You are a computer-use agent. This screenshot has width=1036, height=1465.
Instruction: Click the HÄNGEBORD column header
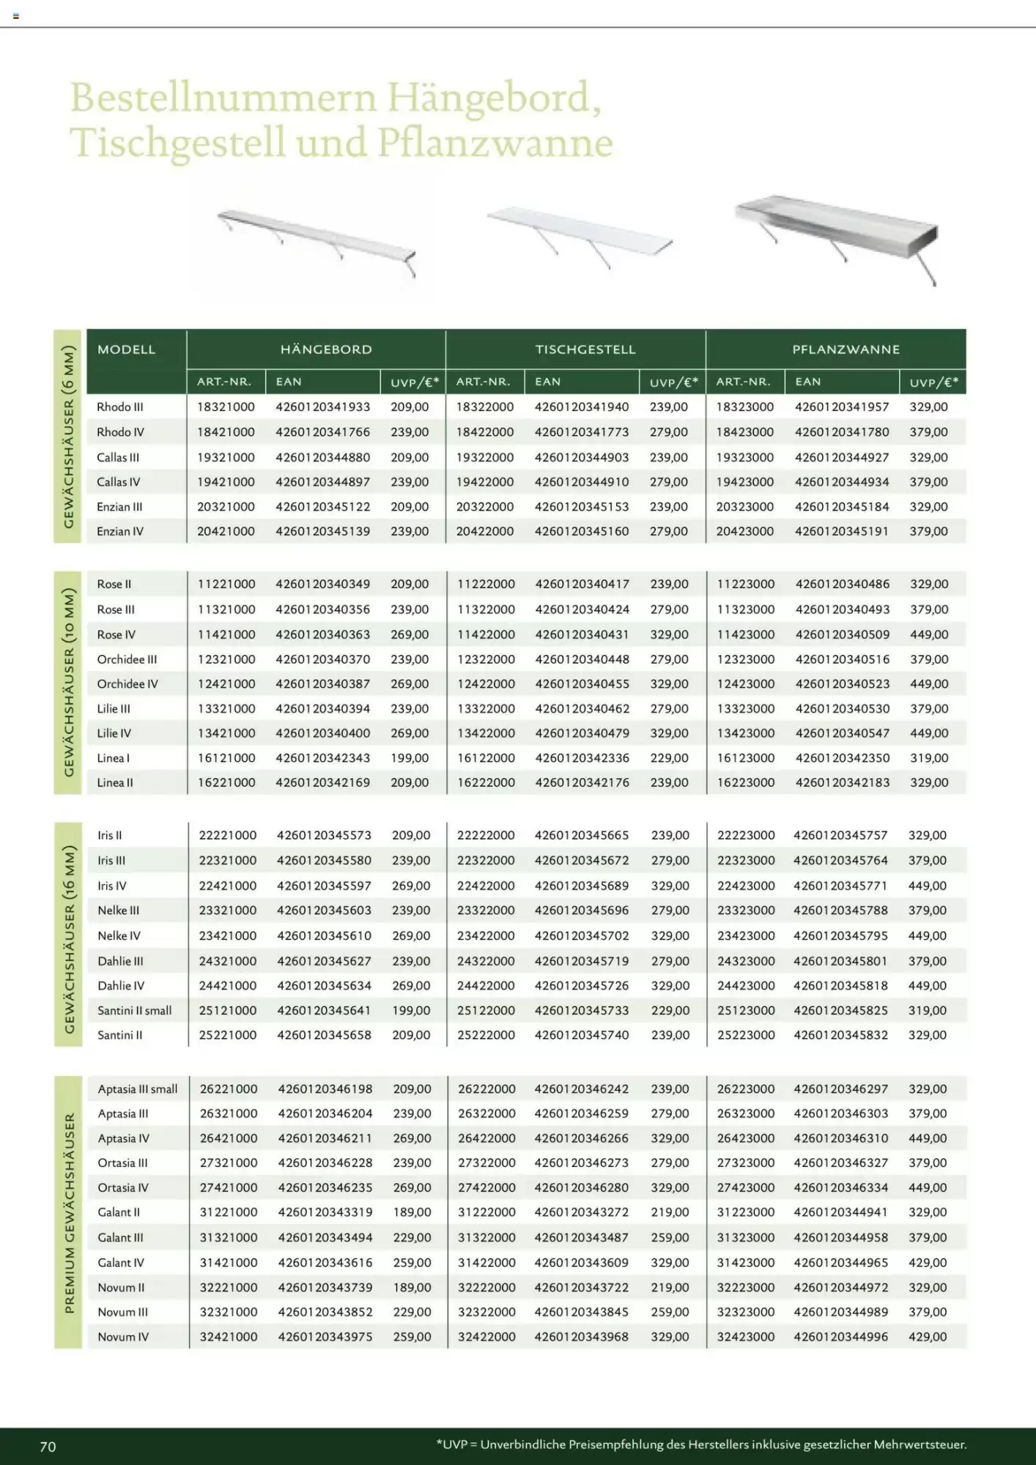[326, 349]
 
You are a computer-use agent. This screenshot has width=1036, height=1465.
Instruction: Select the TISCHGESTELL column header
[585, 349]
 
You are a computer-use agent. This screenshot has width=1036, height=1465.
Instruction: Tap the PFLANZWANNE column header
[846, 349]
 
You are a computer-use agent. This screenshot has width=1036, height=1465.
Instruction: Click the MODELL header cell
[126, 349]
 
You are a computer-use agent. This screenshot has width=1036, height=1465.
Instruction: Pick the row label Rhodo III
[120, 407]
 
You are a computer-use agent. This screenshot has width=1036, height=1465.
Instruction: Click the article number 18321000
[226, 407]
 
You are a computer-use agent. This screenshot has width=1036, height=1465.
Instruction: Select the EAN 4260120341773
[582, 432]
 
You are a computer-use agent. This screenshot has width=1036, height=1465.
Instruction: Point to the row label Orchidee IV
[127, 684]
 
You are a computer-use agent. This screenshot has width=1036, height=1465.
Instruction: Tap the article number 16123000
[745, 758]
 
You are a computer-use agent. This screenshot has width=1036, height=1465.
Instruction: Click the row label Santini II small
[135, 1011]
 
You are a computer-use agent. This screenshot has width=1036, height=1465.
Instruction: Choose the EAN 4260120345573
[324, 835]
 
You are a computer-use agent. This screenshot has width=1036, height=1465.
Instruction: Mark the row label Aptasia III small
[138, 1089]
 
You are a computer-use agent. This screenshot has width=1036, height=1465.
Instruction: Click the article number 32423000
[745, 1337]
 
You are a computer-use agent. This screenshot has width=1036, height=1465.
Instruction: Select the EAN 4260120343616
[325, 1263]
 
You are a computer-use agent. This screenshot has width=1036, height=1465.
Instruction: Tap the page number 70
[48, 1447]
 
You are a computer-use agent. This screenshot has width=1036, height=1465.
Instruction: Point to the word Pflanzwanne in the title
[495, 143]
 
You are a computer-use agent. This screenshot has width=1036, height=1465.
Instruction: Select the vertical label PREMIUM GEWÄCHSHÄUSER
[70, 1213]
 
